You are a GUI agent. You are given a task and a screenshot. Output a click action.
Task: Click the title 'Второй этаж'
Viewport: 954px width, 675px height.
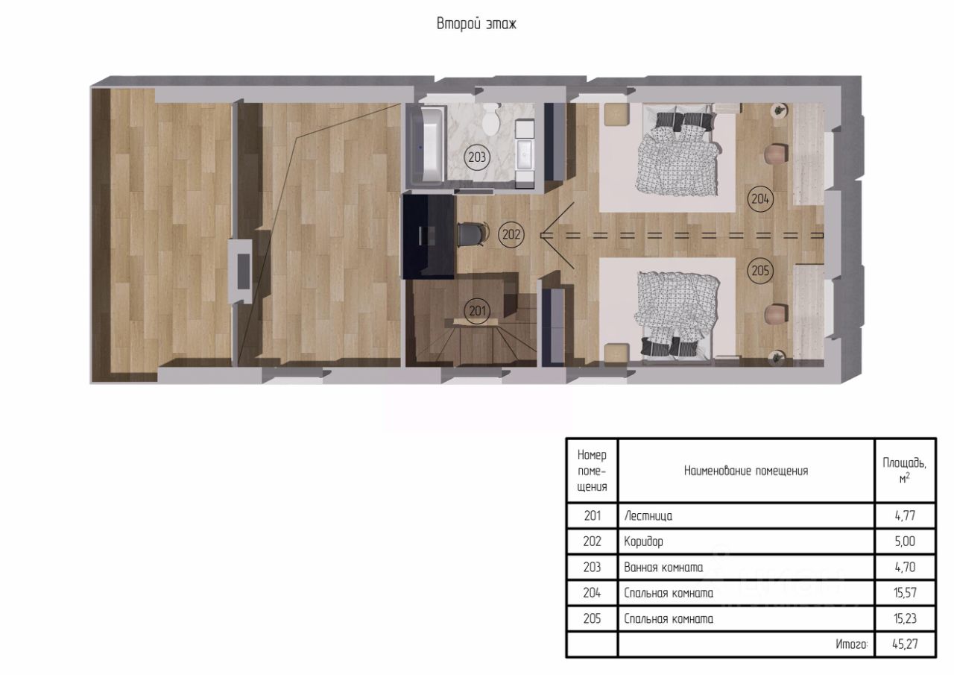(x=476, y=24)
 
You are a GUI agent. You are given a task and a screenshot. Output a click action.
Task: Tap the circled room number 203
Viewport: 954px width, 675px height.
(x=477, y=157)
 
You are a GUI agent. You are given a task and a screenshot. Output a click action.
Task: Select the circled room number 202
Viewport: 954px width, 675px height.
(x=511, y=234)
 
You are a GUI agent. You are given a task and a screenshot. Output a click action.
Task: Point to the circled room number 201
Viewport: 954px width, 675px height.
(x=477, y=311)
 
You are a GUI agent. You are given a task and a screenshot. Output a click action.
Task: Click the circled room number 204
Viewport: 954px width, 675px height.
(x=760, y=198)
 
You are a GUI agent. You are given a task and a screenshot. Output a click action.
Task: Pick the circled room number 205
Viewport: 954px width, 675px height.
(x=760, y=271)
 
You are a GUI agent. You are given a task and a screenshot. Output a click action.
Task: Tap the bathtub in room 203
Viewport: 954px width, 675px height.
(x=426, y=145)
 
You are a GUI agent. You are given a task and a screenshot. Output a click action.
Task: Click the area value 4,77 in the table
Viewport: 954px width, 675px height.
(x=905, y=516)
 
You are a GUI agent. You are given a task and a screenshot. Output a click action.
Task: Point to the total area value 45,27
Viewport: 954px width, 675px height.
(x=905, y=644)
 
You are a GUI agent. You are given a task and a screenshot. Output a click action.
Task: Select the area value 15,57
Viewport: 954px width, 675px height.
(x=905, y=593)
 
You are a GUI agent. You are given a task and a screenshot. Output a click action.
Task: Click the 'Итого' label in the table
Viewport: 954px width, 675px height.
(x=851, y=644)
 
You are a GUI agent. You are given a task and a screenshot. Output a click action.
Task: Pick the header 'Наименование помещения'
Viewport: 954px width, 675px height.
(x=746, y=471)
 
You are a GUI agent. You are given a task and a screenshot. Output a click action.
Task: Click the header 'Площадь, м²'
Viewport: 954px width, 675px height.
(x=905, y=471)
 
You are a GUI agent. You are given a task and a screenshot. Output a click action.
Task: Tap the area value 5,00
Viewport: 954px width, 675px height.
(x=905, y=541)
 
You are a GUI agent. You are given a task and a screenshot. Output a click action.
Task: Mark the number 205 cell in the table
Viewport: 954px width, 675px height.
(x=592, y=618)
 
